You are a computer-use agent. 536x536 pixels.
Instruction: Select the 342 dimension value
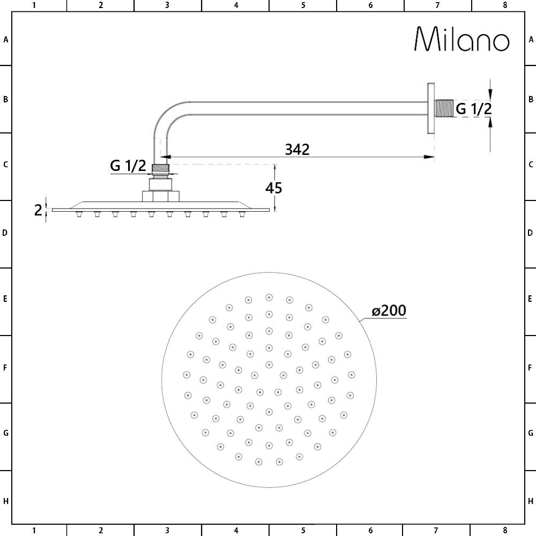pos(297,150)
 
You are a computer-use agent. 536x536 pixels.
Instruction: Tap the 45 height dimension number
pos(273,188)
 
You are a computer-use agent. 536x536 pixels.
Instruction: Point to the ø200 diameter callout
pos(389,310)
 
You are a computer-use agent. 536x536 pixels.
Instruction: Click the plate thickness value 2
pos(38,210)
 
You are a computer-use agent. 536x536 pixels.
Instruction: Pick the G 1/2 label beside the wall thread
pos(474,109)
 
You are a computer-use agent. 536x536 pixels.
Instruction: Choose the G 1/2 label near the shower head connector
pos(128,166)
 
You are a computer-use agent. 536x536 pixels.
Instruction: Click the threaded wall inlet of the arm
pos(444,108)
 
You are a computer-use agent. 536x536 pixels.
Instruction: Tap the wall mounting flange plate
pos(431,108)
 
